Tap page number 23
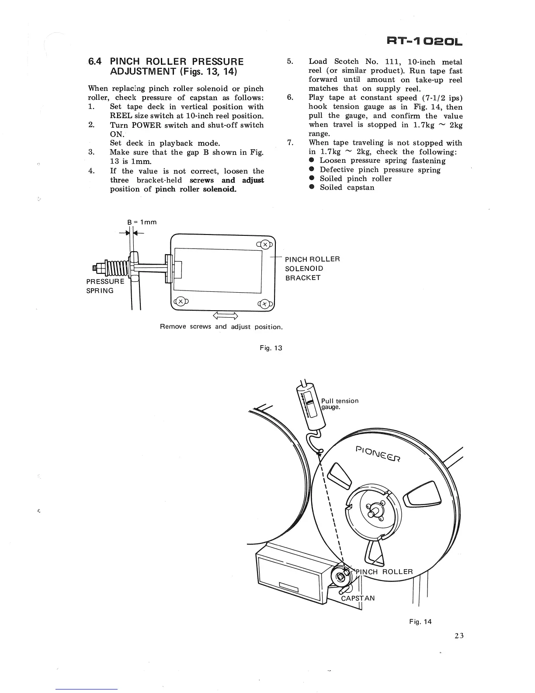click(x=458, y=636)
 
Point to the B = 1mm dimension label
click(x=142, y=222)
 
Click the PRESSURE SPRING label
click(x=105, y=286)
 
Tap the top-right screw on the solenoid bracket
click(x=265, y=244)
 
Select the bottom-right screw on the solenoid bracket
click(x=265, y=304)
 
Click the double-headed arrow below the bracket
click(x=225, y=316)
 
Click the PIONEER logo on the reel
click(x=379, y=454)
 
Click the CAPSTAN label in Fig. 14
click(x=358, y=598)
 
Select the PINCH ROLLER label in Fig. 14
click(x=385, y=572)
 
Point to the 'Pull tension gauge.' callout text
click(x=340, y=404)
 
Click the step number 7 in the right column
click(x=290, y=143)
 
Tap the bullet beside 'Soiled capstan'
click(x=312, y=187)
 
